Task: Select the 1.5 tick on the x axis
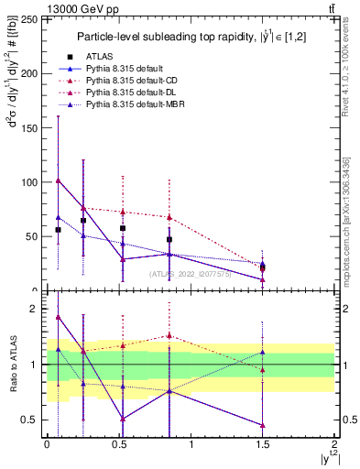(x=263, y=444)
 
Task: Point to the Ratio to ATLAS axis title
(x=13, y=365)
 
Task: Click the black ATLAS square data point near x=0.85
(x=169, y=239)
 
